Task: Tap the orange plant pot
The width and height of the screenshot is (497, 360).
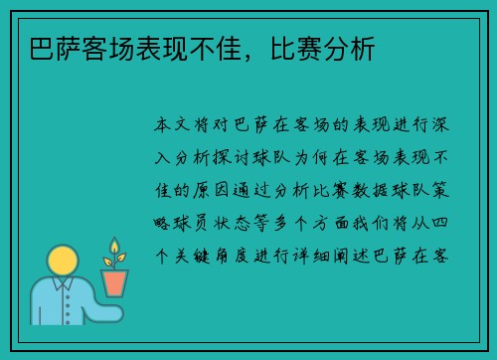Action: click(115, 283)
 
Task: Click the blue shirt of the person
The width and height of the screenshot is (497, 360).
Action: click(60, 302)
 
